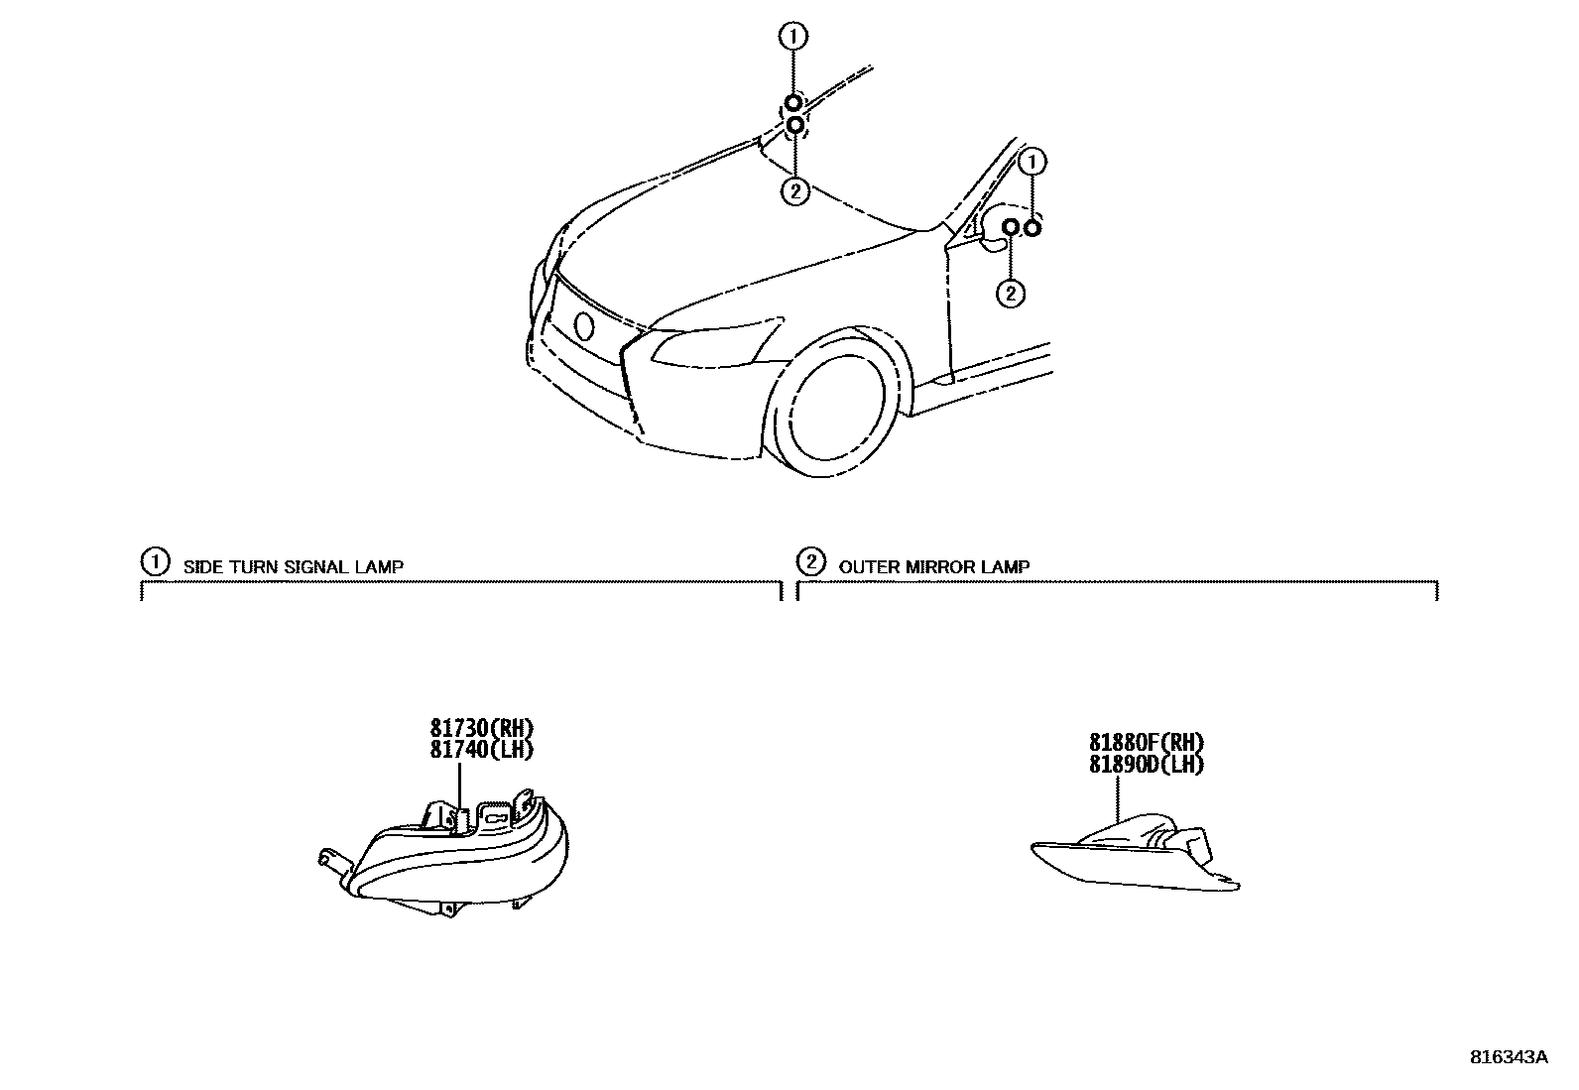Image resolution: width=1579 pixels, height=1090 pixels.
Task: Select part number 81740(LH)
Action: coord(481,750)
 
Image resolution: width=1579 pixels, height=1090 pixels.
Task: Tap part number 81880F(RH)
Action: coord(1146,743)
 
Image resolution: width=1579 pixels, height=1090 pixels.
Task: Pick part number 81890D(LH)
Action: coord(1146,764)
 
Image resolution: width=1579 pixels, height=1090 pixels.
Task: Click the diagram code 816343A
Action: coord(1508,1056)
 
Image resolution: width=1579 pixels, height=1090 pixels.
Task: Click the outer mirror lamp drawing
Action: coord(1136,853)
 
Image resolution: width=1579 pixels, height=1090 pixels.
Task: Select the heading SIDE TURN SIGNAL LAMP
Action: coord(293,567)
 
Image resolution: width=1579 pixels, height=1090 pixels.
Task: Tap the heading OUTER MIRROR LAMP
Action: coord(933,567)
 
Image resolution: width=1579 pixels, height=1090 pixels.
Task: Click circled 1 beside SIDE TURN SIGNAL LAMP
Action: coord(155,562)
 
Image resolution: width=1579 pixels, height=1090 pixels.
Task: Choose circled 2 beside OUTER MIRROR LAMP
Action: coord(810,562)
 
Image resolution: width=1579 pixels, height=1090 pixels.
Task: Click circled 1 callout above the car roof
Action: coord(793,37)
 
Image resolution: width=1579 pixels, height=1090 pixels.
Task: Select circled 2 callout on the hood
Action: coord(795,190)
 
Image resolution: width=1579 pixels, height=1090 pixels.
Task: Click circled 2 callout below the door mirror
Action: coord(1010,293)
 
